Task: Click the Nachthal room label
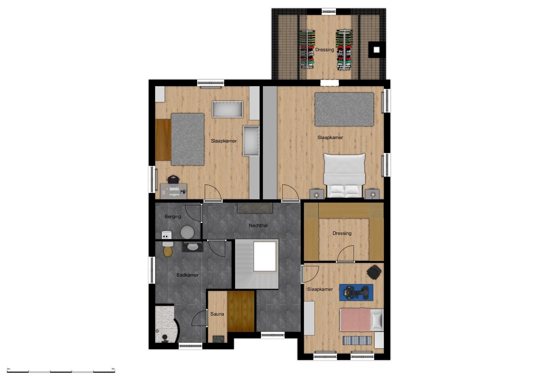[258, 225]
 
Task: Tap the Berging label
[173, 216]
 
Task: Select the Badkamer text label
[188, 275]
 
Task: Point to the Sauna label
[217, 314]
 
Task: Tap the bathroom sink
[193, 247]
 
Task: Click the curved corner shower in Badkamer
[167, 324]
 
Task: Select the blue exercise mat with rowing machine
[356, 292]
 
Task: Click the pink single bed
[361, 320]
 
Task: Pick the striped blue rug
[357, 340]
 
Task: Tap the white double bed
[344, 176]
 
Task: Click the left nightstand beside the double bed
[317, 194]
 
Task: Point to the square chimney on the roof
[376, 50]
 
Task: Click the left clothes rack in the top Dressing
[308, 49]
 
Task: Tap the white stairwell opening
[265, 257]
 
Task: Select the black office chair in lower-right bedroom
[374, 272]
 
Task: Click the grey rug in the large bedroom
[344, 109]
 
